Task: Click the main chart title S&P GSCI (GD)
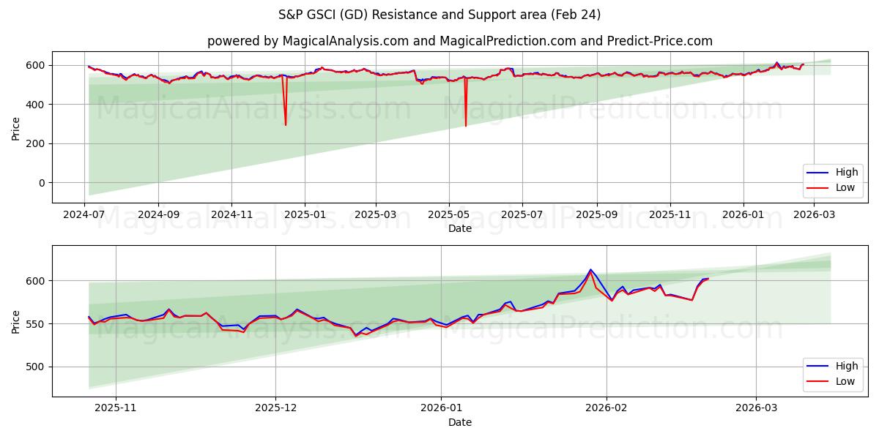point(439,15)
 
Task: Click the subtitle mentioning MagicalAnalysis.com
point(459,41)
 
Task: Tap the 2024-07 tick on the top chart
point(85,215)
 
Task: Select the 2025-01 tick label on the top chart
point(305,215)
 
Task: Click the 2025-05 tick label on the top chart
point(448,215)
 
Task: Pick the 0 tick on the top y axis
point(40,183)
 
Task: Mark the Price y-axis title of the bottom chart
point(15,321)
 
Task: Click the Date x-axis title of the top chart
point(459,228)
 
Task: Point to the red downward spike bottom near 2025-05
point(465,126)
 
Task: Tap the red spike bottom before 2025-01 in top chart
point(286,125)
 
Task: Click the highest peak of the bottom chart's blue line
point(590,269)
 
